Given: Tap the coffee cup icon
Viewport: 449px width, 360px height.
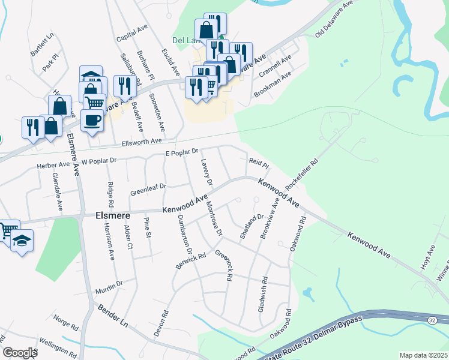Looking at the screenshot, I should click(x=92, y=120).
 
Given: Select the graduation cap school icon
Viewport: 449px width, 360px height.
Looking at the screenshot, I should click(x=23, y=241).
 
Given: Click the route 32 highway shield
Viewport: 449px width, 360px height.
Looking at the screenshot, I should click(x=432, y=320).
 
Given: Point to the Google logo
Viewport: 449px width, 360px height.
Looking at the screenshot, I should click(x=20, y=353).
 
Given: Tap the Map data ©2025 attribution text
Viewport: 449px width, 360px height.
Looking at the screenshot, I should click(x=423, y=355).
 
